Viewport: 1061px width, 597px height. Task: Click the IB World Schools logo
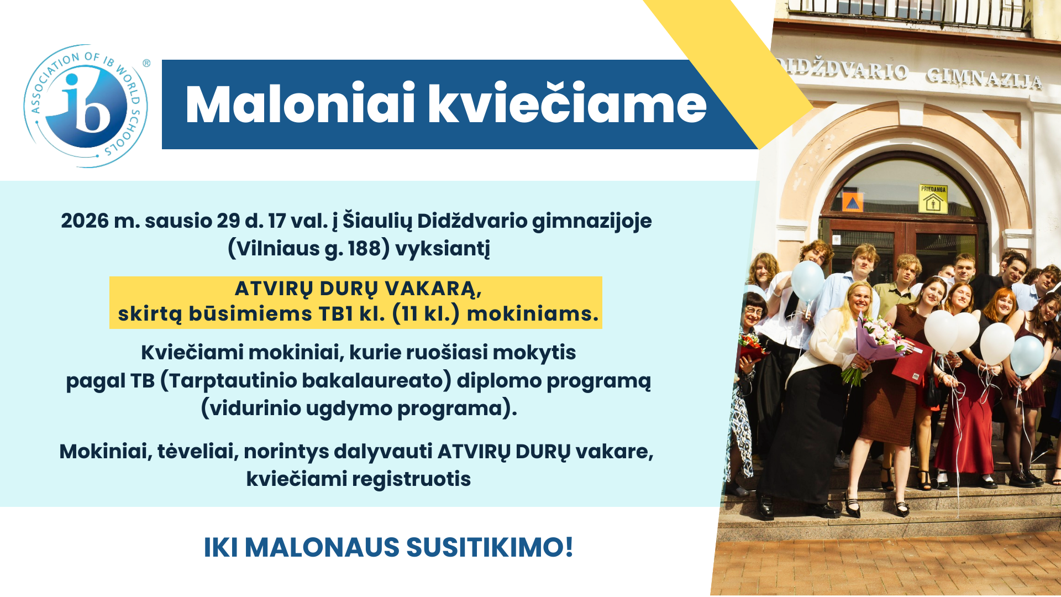coord(86,106)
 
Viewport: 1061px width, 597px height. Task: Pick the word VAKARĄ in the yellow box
coord(433,289)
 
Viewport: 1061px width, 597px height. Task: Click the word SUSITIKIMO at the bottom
coord(490,547)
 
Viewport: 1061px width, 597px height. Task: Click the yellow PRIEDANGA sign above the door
coord(933,199)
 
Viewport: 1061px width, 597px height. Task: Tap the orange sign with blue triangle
coord(852,201)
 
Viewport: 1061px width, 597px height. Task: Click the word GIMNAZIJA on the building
coord(984,78)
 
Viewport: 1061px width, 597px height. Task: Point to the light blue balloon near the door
coord(807,280)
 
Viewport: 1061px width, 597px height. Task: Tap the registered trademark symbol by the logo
coord(146,64)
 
